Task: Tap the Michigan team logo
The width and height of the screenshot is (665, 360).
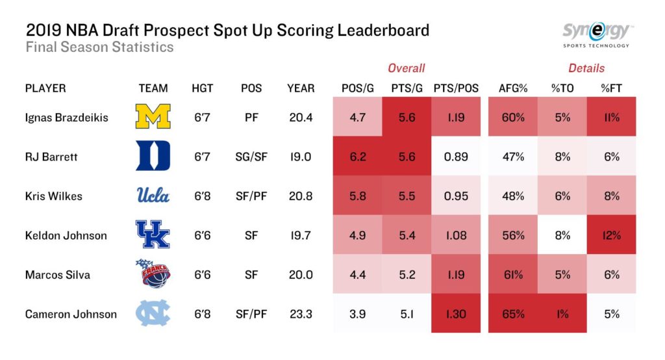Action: (x=153, y=117)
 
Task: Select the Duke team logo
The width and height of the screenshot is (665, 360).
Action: (x=153, y=156)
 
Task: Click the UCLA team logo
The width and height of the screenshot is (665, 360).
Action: (x=153, y=195)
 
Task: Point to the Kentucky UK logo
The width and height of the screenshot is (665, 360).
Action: (x=153, y=235)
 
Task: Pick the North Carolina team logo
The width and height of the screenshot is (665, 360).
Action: (x=153, y=314)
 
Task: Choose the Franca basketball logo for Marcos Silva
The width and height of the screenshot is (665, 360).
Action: (x=153, y=274)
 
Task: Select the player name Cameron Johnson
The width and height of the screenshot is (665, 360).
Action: (x=71, y=314)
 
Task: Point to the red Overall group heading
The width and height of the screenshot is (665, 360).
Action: (x=407, y=68)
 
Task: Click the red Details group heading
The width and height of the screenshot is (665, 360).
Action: (x=586, y=68)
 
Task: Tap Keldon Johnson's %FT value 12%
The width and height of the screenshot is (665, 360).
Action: (x=611, y=235)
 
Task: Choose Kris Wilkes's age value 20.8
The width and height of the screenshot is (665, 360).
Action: (x=300, y=196)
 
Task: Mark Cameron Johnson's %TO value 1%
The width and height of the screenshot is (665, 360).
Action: (x=562, y=314)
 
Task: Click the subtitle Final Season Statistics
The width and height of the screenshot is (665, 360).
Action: (x=99, y=47)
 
